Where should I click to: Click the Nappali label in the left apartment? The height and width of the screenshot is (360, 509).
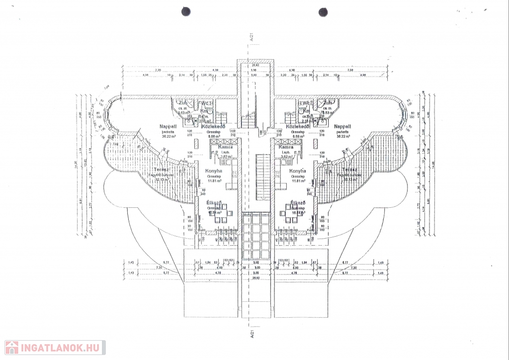tap(168, 127)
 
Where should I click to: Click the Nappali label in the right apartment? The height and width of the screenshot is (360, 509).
tap(343, 127)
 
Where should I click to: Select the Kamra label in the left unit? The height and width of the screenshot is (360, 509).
tap(219, 147)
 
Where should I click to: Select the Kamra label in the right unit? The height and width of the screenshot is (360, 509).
tap(286, 147)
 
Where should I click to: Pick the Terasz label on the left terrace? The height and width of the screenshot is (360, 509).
tap(159, 170)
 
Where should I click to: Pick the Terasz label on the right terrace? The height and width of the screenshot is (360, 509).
tap(349, 170)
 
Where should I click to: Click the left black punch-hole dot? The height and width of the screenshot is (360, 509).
tap(186, 11)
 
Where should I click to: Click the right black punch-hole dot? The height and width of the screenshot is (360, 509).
tap(323, 11)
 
